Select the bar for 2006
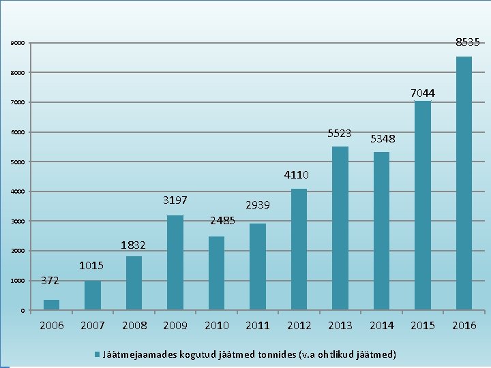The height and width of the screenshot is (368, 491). pyautogui.click(x=51, y=305)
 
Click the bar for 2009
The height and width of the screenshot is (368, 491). pyautogui.click(x=175, y=262)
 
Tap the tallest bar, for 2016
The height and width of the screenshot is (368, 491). pyautogui.click(x=464, y=183)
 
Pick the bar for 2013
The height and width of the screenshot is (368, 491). pyautogui.click(x=340, y=228)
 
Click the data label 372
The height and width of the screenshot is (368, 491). pyautogui.click(x=50, y=280)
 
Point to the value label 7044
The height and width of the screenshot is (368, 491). pyautogui.click(x=423, y=93)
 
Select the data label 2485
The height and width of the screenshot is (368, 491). pyautogui.click(x=222, y=221)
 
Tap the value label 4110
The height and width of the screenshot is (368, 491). pyautogui.click(x=296, y=174)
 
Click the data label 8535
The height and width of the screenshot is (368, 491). pyautogui.click(x=468, y=42)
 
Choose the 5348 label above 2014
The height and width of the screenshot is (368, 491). pyautogui.click(x=383, y=138)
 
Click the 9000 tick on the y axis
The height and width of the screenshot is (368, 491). pyautogui.click(x=18, y=43)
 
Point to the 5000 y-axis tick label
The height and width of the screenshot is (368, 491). pyautogui.click(x=18, y=162)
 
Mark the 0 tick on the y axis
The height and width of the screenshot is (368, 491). pyautogui.click(x=23, y=311)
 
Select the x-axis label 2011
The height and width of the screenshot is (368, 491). pyautogui.click(x=258, y=326)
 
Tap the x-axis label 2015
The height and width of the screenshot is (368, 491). pyautogui.click(x=423, y=326)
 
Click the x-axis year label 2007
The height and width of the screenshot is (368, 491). pyautogui.click(x=92, y=326)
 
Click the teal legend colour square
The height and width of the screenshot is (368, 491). pyautogui.click(x=97, y=354)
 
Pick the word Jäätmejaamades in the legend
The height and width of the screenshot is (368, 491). pyautogui.click(x=140, y=354)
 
